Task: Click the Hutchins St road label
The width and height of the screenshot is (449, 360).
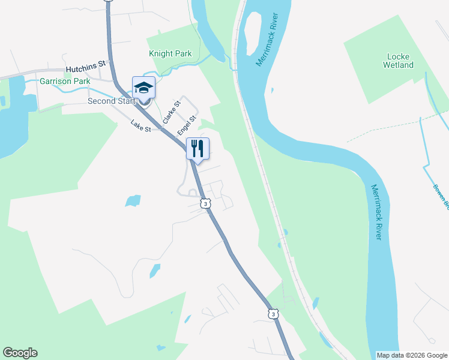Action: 86,62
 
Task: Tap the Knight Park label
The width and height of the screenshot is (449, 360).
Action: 170,54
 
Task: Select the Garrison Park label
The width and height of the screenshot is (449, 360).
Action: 64,81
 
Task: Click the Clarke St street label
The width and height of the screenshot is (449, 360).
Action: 171,112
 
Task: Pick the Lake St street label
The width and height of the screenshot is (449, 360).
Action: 142,127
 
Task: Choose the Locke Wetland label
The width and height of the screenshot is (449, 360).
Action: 399,61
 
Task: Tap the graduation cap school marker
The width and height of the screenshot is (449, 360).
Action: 143,88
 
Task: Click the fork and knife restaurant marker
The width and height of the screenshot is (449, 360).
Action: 198,148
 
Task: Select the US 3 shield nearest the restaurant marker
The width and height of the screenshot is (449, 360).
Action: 206,204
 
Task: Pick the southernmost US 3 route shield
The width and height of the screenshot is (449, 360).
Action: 273,314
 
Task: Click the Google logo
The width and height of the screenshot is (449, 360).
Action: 20,353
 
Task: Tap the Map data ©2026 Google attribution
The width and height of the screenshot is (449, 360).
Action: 411,355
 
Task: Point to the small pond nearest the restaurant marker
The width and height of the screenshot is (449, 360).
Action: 133,200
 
